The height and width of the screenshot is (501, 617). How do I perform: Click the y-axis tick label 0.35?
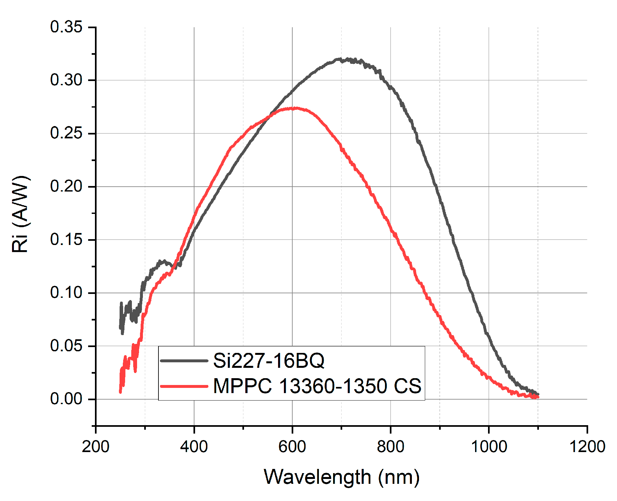click(66, 27)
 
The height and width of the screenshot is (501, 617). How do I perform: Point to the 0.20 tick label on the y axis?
click(66, 186)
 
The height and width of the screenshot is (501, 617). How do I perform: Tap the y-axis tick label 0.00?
click(66, 399)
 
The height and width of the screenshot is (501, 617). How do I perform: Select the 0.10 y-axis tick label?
click(66, 293)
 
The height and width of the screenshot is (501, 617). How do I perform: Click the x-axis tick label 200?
click(96, 447)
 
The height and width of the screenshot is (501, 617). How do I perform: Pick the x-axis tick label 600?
click(292, 447)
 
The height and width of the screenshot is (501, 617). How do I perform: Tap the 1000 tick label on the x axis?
click(488, 447)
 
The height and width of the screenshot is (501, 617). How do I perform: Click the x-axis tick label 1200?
click(587, 447)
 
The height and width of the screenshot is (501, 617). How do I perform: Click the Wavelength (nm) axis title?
click(342, 477)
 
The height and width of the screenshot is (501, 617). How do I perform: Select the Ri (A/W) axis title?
click(20, 214)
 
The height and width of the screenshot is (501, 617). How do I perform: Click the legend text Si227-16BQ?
click(268, 360)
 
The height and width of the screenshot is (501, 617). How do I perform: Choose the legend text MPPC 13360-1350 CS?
click(317, 386)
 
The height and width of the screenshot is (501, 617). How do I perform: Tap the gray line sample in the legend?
click(184, 361)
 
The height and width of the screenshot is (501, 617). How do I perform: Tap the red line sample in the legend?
click(184, 386)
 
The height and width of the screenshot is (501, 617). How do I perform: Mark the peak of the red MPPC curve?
click(295, 108)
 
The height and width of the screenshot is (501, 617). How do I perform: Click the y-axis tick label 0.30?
click(66, 80)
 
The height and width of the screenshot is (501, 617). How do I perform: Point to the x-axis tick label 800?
click(390, 447)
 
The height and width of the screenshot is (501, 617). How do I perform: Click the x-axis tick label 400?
click(194, 447)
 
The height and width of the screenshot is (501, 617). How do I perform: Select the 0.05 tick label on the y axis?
click(66, 346)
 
